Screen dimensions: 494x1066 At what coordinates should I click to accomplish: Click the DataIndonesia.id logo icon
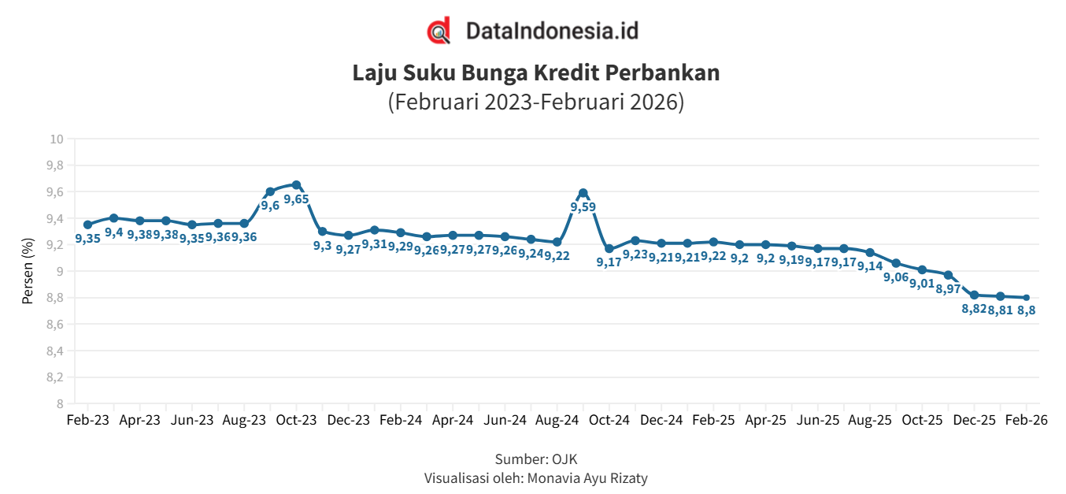pyautogui.click(x=439, y=31)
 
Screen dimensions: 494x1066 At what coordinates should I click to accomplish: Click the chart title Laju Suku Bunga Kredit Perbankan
pyautogui.click(x=535, y=73)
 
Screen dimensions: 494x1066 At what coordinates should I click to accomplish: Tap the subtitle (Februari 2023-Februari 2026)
pyautogui.click(x=535, y=102)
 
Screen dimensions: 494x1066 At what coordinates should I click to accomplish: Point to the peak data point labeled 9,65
pyautogui.click(x=296, y=185)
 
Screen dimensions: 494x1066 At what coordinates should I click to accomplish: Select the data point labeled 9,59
pyautogui.click(x=583, y=193)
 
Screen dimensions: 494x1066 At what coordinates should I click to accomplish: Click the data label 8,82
pyautogui.click(x=974, y=309)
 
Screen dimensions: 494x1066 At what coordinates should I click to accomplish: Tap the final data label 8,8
pyautogui.click(x=1026, y=310)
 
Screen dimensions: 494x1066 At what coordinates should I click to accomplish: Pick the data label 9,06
pyautogui.click(x=896, y=277)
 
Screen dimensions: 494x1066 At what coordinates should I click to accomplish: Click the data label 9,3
pyautogui.click(x=322, y=246)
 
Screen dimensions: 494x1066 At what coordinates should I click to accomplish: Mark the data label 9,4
pyautogui.click(x=113, y=232)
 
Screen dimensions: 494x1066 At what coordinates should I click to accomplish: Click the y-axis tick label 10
pyautogui.click(x=56, y=139)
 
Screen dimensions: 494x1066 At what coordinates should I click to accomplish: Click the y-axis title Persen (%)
pyautogui.click(x=28, y=272)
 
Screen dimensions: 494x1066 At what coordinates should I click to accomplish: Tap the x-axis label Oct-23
pyautogui.click(x=296, y=421)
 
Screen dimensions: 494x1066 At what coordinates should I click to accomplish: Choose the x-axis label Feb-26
pyautogui.click(x=1026, y=421)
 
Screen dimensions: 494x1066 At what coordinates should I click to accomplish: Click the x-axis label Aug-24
pyautogui.click(x=557, y=421)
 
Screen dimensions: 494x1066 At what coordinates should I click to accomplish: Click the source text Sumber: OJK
pyautogui.click(x=535, y=459)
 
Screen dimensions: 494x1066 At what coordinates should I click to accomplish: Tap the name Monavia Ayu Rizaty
pyautogui.click(x=587, y=478)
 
